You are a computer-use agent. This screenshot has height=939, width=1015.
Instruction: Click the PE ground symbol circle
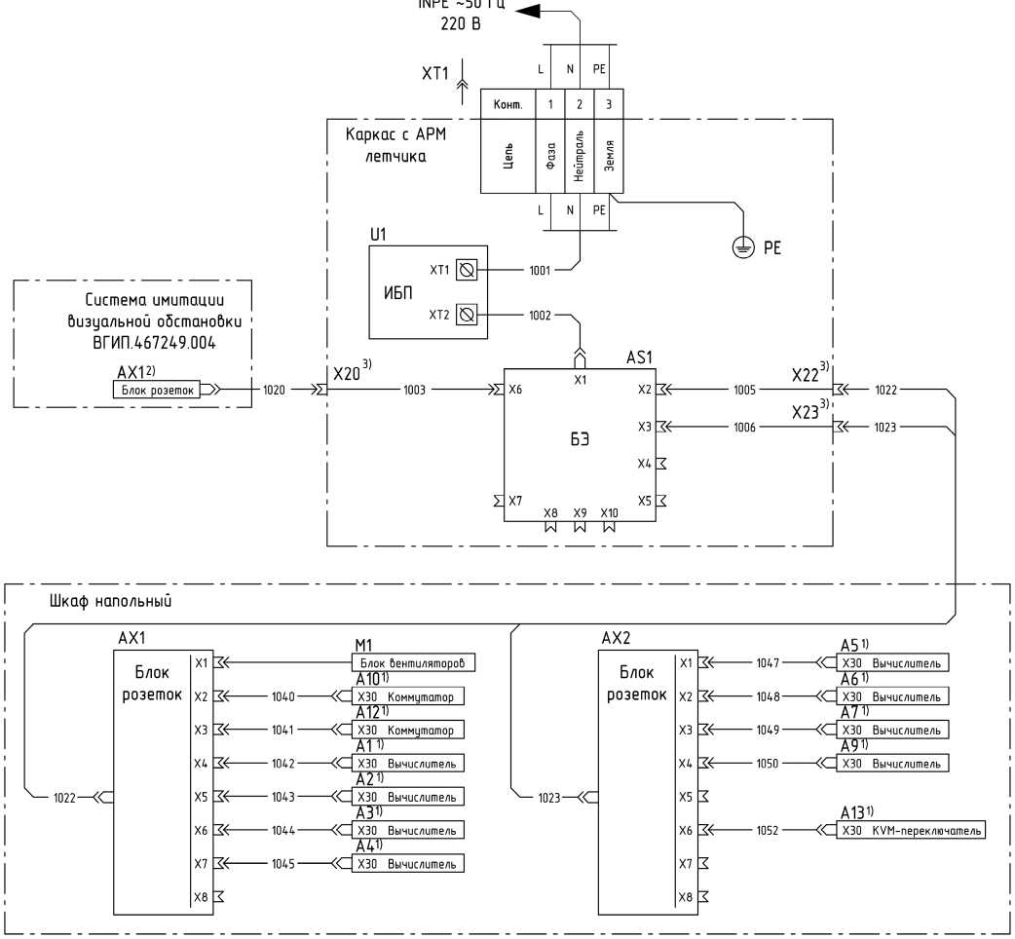[x=741, y=247]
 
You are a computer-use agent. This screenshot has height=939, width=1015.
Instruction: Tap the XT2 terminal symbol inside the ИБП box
[x=466, y=314]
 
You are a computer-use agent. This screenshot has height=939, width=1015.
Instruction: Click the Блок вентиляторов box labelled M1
[x=412, y=662]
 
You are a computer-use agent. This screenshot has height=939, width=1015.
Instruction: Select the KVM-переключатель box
[x=912, y=830]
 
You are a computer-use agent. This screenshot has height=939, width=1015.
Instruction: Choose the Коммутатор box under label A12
[x=407, y=730]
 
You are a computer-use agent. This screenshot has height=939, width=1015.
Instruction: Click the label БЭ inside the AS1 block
[x=580, y=440]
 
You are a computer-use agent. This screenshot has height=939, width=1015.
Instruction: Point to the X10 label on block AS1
[x=609, y=512]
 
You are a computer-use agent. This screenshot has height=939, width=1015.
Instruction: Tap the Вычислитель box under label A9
[x=893, y=763]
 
